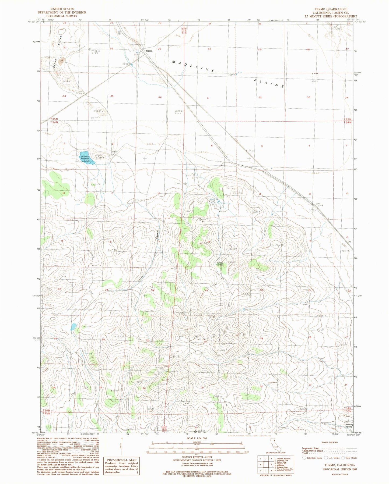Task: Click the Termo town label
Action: tap(149, 51)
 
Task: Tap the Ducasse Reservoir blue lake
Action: tap(87, 158)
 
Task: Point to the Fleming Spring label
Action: tap(349, 426)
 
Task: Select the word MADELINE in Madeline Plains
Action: tap(193, 66)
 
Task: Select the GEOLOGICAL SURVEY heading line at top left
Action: tap(62, 16)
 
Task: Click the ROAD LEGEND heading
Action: tap(329, 442)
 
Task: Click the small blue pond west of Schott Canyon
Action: tap(73, 327)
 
